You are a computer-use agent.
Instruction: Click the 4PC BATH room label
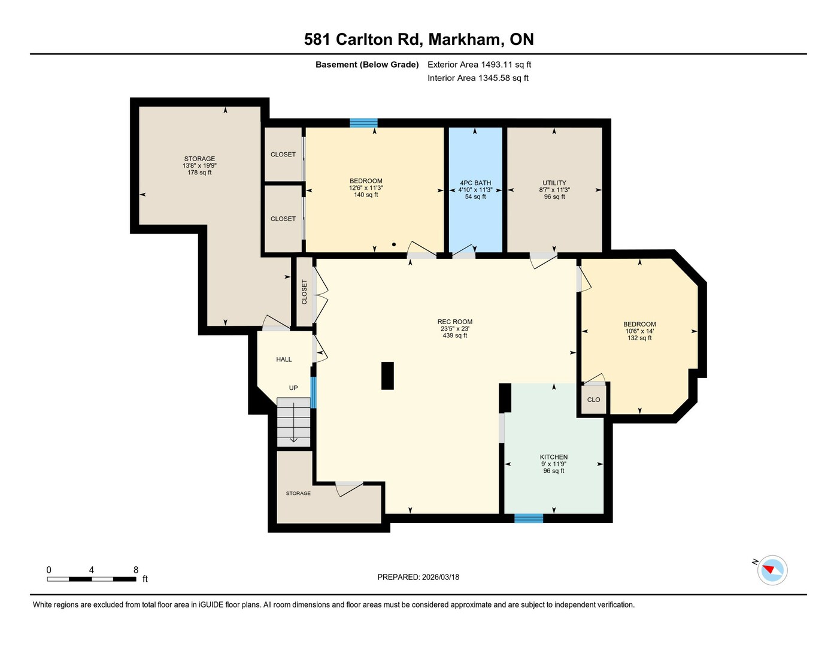(475, 183)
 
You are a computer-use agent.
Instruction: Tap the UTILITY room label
(554, 183)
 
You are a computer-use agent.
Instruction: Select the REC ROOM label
(455, 322)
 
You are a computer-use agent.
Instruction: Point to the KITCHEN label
(554, 457)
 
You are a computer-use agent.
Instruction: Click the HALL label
(284, 359)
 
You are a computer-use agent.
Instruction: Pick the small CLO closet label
(593, 400)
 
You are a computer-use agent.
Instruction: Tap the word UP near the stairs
(293, 388)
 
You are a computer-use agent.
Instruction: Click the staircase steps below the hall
(293, 422)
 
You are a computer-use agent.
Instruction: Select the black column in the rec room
(387, 376)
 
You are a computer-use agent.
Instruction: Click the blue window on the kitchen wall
(529, 518)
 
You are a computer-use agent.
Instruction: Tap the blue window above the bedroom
(363, 123)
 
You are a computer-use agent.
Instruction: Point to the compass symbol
(772, 570)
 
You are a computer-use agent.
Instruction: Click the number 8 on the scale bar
(135, 570)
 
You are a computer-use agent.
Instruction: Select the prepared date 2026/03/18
(441, 578)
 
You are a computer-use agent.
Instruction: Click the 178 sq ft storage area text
(199, 173)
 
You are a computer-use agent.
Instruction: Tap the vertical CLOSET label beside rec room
(304, 292)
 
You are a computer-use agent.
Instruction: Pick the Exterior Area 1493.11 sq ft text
(479, 65)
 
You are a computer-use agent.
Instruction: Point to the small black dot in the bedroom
(394, 244)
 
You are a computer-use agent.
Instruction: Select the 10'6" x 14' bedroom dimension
(639, 331)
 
